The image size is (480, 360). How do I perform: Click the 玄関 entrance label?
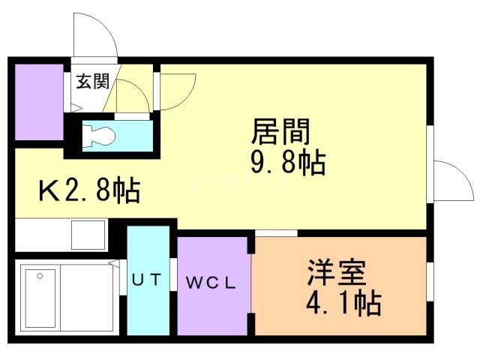89,82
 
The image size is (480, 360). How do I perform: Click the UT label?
147,280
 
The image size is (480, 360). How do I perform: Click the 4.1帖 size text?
344,304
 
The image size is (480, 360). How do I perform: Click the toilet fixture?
97,136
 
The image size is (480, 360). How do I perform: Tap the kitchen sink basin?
88,235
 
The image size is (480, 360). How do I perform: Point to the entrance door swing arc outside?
95,37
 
